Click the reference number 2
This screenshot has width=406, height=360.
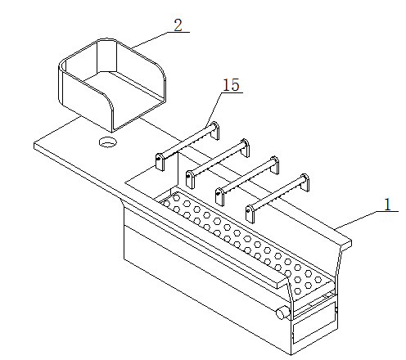[178, 25]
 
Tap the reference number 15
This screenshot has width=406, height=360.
[232, 85]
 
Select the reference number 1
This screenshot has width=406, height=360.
[388, 205]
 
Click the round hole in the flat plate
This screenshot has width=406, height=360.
[107, 142]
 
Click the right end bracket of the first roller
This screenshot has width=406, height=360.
[214, 130]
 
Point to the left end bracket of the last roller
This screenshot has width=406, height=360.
[250, 214]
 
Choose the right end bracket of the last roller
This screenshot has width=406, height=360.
[304, 182]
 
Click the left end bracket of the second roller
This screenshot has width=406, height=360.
[190, 179]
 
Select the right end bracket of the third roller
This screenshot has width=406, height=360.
[274, 165]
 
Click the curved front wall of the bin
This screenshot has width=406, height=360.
[88, 101]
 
